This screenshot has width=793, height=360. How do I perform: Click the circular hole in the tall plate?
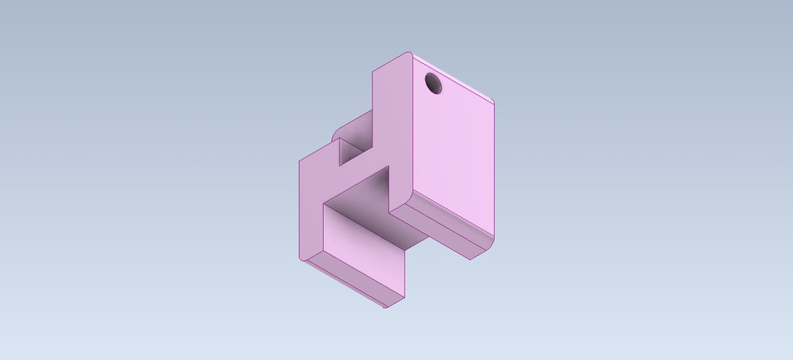point(434,83)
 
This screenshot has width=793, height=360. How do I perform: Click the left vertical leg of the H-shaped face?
point(309,206)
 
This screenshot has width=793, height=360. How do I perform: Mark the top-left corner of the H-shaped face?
point(299,160)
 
